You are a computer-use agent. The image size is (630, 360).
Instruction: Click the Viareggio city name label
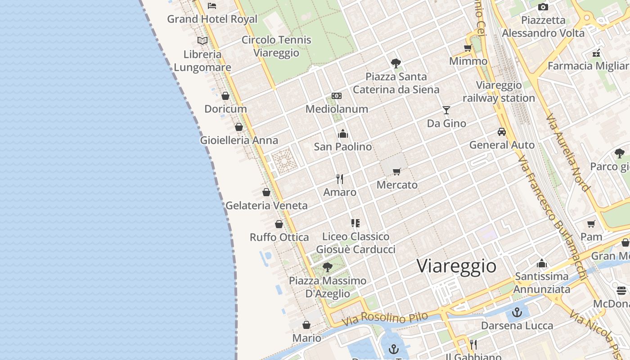point(456,265)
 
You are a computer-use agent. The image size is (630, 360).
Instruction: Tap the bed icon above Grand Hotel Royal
point(212,6)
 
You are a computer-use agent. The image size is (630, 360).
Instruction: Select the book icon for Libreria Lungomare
point(202,41)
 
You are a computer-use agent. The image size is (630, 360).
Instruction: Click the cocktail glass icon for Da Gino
point(446,110)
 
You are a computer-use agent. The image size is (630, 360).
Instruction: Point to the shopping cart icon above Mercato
point(396,171)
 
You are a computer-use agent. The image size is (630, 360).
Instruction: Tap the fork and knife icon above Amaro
point(340,179)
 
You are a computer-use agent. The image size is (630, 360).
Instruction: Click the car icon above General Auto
point(501,132)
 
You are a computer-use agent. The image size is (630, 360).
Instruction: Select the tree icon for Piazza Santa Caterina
point(396,63)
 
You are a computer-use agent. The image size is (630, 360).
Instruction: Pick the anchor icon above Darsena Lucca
point(517,312)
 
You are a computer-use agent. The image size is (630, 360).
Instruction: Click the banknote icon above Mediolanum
point(337,96)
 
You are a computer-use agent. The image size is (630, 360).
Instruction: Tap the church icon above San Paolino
point(343,134)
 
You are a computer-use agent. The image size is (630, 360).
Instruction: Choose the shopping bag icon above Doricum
point(225,96)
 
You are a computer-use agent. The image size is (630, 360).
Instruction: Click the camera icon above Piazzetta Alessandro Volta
point(543,7)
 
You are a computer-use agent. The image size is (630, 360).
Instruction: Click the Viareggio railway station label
point(499,91)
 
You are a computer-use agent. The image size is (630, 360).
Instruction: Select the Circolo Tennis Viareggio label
point(276,46)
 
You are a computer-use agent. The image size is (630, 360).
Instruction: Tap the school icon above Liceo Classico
point(355,223)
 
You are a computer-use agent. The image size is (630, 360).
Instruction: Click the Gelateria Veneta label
point(266,206)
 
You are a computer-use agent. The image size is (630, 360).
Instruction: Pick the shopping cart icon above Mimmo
point(468,48)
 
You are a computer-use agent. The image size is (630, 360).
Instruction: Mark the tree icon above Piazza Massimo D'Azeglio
point(328,267)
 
